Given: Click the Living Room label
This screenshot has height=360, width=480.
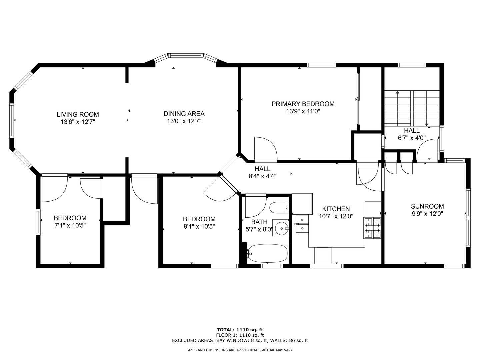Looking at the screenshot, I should coord(78,114).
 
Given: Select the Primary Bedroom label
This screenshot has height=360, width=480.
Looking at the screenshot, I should coord(303,104).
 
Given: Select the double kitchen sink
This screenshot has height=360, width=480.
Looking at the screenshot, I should coord(302,224).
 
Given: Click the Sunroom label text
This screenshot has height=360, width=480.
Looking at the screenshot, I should coord(427,206).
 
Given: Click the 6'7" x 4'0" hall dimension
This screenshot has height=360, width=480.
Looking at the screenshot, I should coord(412,138).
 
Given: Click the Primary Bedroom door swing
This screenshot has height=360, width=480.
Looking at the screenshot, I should coord(265,149).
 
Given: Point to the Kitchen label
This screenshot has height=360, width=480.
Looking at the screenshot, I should coord(336,209).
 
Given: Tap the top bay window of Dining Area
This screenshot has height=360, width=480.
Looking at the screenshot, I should coord(185,55).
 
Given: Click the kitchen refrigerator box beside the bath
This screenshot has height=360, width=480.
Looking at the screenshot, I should coord(302,203).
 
